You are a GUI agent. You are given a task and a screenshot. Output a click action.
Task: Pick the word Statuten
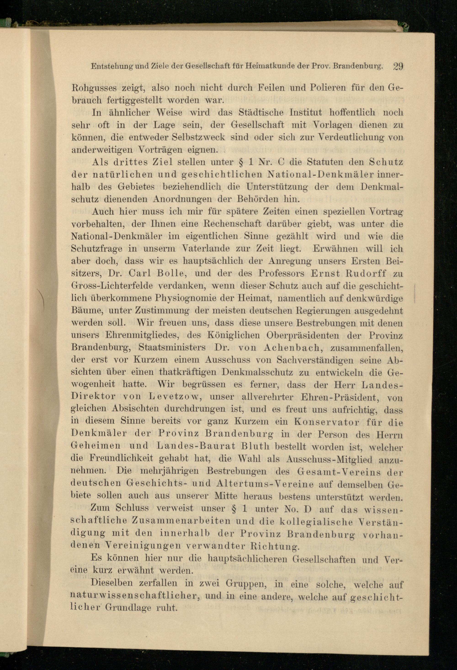click(x=325, y=162)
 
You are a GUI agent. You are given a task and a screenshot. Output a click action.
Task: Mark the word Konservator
click(x=326, y=422)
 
